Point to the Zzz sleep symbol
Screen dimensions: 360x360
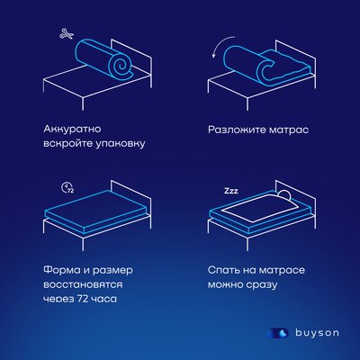tap(232, 192)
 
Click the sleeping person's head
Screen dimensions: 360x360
tap(282, 197)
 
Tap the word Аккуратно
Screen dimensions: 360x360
tap(73, 128)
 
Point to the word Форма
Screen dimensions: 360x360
tap(60, 268)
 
